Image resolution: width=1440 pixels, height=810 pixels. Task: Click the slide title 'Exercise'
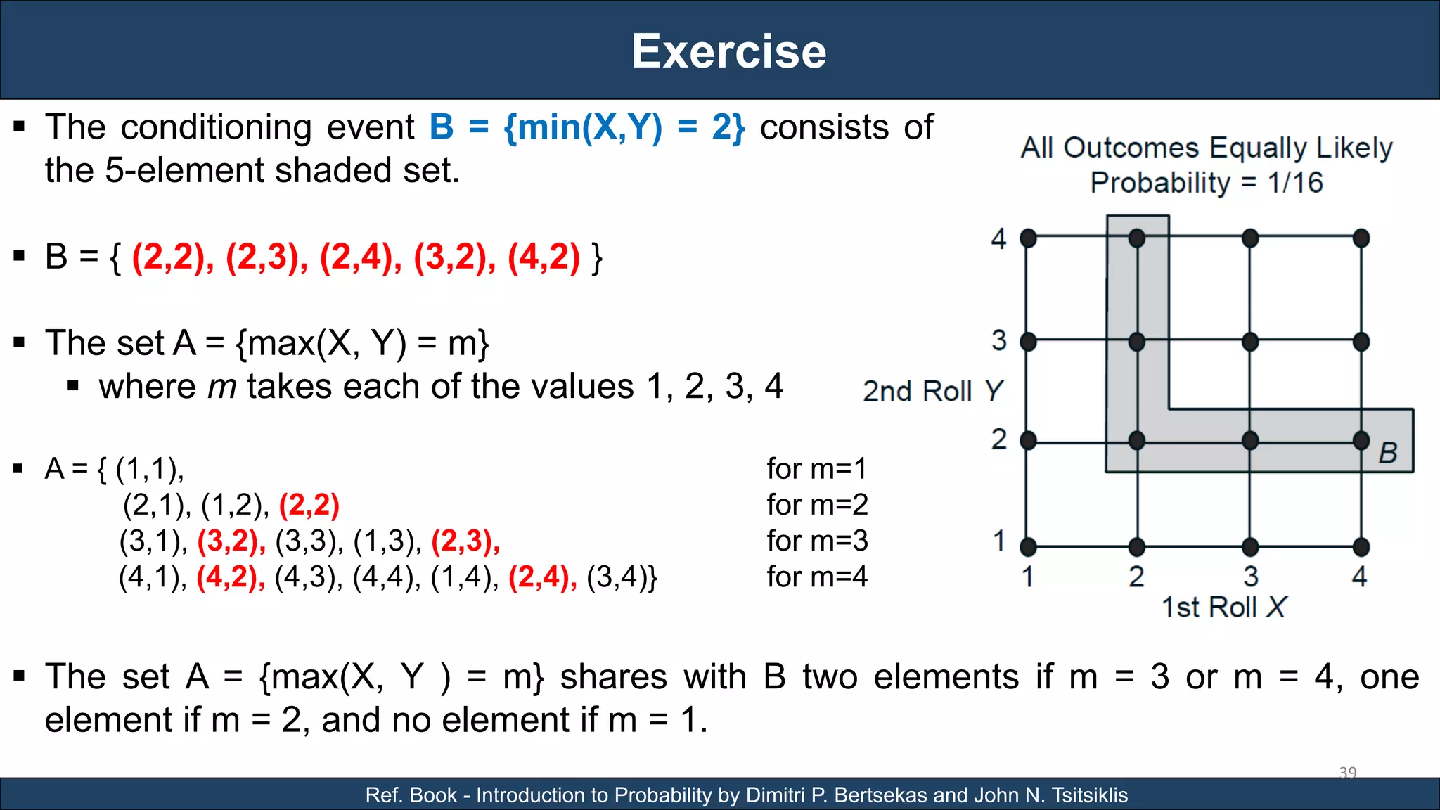[729, 51]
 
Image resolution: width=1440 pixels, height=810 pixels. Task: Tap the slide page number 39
[1347, 773]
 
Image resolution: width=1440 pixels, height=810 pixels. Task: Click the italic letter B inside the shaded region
[1387, 453]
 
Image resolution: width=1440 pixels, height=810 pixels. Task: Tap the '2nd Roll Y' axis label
[932, 391]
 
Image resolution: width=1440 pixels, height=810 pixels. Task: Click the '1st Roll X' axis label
[1223, 607]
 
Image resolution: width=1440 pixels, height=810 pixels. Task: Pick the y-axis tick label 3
[998, 341]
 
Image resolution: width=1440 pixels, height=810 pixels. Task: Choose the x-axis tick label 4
[1359, 577]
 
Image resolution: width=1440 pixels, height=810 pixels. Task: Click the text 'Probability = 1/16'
[1207, 183]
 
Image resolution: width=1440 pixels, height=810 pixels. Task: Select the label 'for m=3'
[817, 541]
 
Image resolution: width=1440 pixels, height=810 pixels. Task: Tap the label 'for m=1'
[817, 468]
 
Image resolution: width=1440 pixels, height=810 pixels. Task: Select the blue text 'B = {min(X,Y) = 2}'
[587, 128]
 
